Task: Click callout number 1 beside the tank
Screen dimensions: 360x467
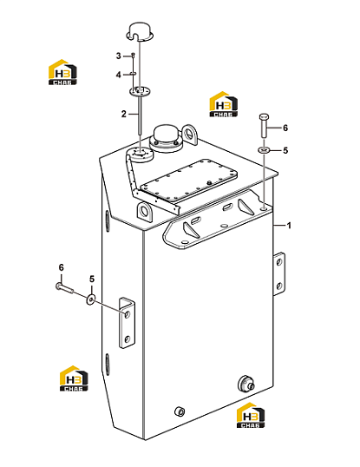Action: click(288, 226)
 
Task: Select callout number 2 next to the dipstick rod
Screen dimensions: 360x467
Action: click(124, 114)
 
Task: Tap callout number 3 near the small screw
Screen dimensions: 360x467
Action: click(119, 56)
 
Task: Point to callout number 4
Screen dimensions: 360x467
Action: click(119, 75)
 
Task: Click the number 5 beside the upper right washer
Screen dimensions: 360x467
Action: click(285, 150)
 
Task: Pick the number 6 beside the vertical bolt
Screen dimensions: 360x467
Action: click(285, 128)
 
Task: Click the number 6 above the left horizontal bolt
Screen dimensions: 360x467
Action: click(61, 267)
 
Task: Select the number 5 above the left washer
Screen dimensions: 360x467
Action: click(92, 279)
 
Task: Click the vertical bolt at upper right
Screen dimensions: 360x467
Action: click(265, 125)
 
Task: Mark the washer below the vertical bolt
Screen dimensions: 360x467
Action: click(265, 149)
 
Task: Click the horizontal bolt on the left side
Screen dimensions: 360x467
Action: click(64, 287)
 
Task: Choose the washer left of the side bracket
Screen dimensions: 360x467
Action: click(90, 299)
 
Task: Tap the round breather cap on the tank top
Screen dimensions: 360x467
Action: click(165, 138)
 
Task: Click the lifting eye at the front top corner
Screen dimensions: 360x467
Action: click(146, 211)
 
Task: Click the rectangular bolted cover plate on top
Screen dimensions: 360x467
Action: click(188, 181)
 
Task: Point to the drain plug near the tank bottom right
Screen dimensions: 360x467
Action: click(246, 384)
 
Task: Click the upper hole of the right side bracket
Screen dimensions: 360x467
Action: click(278, 262)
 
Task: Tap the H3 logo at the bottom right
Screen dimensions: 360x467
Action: click(251, 415)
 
